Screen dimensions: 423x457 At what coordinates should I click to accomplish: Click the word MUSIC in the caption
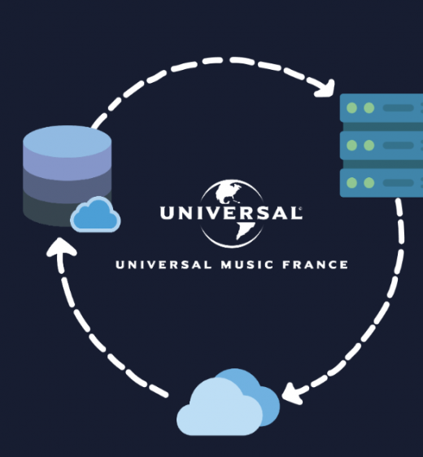247,264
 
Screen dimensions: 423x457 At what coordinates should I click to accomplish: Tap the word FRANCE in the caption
315,264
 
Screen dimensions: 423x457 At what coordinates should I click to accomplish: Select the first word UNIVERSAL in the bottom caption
164,264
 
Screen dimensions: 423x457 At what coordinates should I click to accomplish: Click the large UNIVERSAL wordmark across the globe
231,213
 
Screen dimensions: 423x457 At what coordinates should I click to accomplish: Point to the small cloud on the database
96,215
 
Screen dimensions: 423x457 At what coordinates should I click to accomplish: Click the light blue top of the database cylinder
67,141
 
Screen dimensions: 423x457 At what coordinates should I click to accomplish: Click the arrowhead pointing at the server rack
326,89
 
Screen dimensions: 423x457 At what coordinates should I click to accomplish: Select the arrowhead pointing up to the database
61,247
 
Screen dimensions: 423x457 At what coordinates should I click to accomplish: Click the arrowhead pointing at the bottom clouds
294,394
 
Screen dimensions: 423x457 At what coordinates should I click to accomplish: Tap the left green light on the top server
352,108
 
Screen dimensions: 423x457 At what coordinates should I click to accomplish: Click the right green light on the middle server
369,145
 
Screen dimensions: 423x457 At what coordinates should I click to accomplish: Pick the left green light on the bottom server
352,183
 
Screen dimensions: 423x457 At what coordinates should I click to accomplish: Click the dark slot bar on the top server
399,108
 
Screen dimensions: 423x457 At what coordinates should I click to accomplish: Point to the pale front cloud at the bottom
220,408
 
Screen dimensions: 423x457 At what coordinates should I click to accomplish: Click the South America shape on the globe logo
244,229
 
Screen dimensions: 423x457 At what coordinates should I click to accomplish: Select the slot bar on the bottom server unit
399,183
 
